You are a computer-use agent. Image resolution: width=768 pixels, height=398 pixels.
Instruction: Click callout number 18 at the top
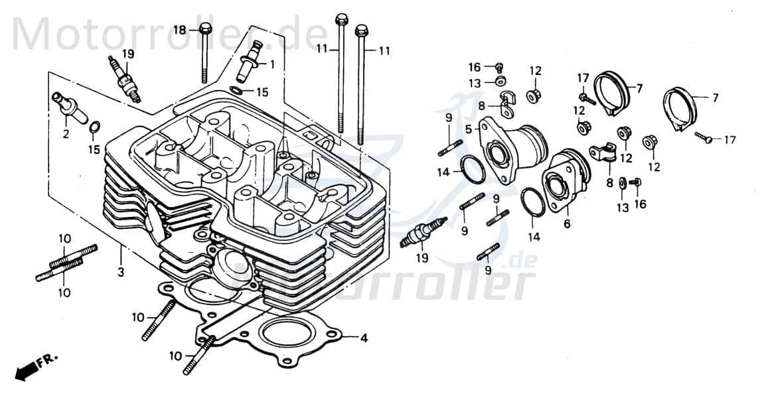pyautogui.click(x=180, y=30)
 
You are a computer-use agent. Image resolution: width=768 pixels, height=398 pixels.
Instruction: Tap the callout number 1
pyautogui.click(x=271, y=64)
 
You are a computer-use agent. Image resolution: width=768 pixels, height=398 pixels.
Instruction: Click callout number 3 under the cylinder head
pyautogui.click(x=121, y=272)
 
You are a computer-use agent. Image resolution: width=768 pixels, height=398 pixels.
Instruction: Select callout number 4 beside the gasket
pyautogui.click(x=363, y=338)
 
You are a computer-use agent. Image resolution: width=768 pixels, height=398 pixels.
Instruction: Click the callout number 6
pyautogui.click(x=567, y=224)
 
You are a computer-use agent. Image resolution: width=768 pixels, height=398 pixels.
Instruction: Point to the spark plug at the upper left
pyautogui.click(x=125, y=79)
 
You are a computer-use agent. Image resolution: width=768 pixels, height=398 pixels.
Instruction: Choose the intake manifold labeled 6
pyautogui.click(x=566, y=180)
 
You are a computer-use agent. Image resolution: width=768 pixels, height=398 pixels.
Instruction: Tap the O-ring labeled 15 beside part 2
pyautogui.click(x=95, y=127)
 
